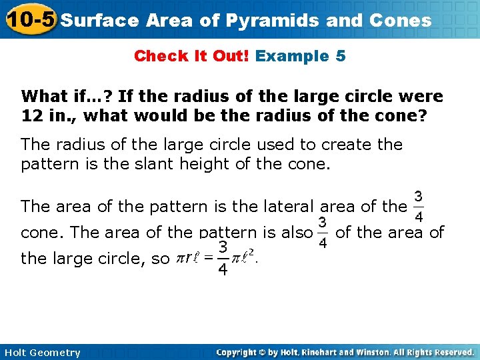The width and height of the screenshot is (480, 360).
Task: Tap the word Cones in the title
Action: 398,21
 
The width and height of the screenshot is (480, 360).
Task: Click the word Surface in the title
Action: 99,21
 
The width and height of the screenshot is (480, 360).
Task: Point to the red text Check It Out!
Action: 191,56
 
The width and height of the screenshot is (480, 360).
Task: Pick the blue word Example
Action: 288,56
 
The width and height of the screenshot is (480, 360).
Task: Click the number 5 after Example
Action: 341,56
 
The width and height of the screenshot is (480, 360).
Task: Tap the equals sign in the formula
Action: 209,258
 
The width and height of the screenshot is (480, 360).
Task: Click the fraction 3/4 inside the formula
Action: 224,258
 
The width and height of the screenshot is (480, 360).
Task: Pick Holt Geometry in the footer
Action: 41,353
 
